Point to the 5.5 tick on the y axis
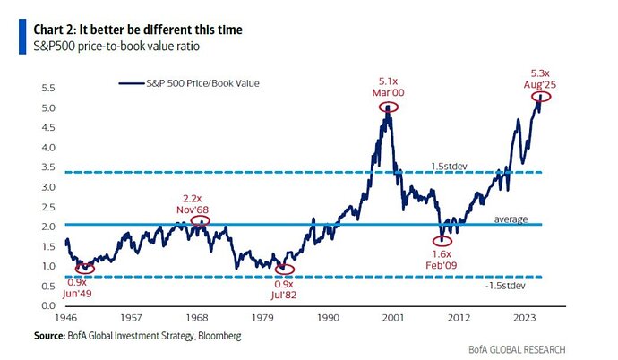[x=47, y=88]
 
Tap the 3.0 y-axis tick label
[x=47, y=186]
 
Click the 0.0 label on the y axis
[x=47, y=305]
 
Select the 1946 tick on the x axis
[x=66, y=319]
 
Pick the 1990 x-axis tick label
[x=330, y=319]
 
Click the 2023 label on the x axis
[x=527, y=319]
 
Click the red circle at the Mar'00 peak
[x=388, y=106]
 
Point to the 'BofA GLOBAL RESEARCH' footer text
[x=517, y=348]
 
